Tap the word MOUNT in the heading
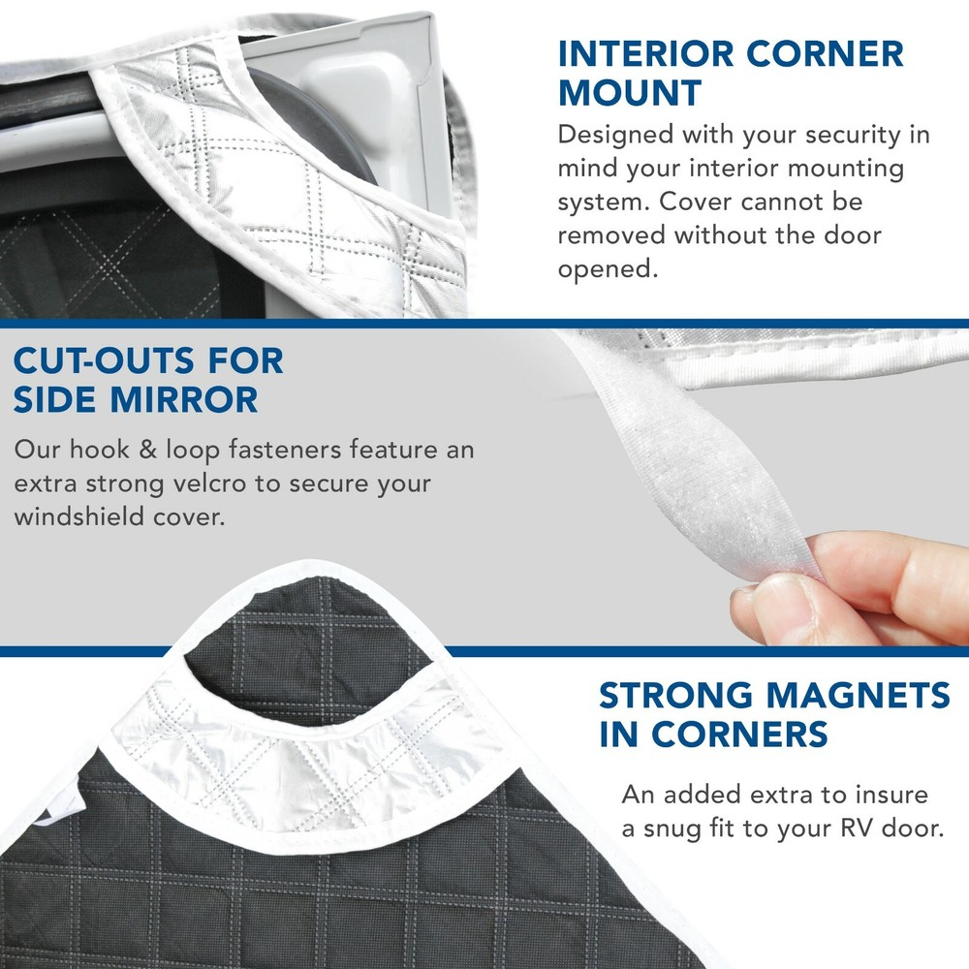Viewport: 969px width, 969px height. pyautogui.click(x=630, y=94)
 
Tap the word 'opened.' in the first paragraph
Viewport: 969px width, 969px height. pyautogui.click(x=608, y=268)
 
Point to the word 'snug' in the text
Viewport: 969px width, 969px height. pyautogui.click(x=679, y=829)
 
